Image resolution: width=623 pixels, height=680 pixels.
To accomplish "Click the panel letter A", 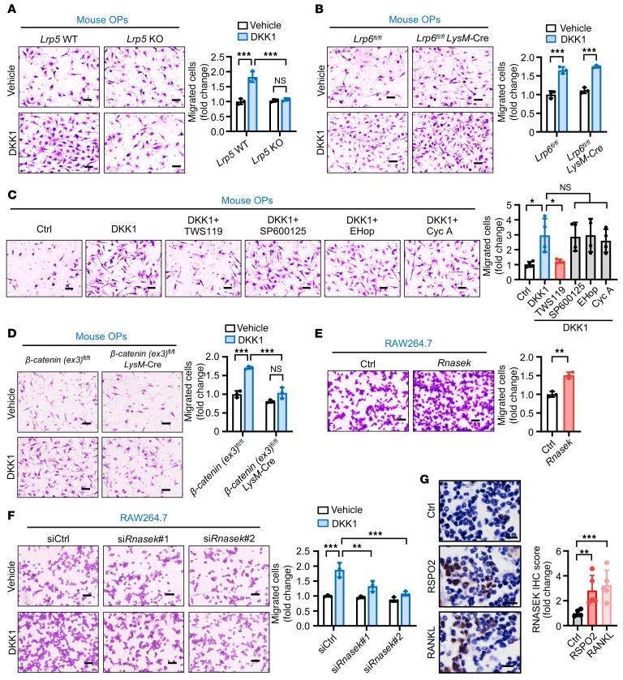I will (9, 8).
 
